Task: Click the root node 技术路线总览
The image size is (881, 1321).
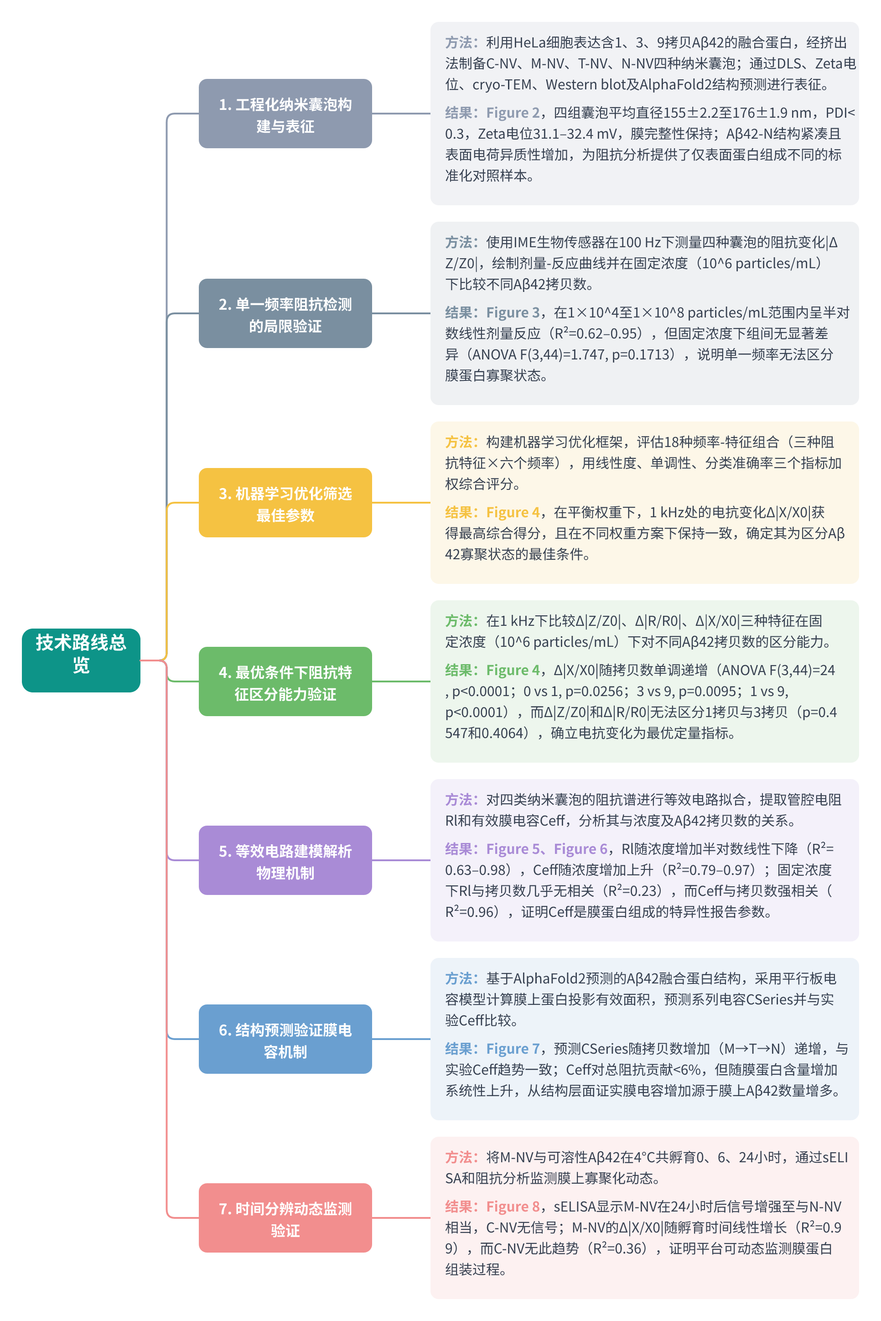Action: [81, 660]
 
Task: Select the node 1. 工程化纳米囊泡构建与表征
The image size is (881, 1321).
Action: [285, 114]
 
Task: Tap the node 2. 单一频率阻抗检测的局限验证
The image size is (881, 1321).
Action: [285, 313]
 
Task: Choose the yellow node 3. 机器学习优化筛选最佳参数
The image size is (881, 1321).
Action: [285, 502]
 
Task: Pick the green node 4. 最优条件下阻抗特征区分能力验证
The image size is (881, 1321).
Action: [285, 681]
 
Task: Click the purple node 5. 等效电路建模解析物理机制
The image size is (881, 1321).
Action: [285, 860]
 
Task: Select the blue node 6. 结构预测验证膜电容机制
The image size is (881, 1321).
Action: [285, 1039]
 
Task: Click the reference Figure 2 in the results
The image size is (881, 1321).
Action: [513, 113]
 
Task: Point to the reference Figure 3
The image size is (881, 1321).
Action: [513, 312]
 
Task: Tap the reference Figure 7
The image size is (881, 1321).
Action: [513, 1049]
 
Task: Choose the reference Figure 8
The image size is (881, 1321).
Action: [513, 1207]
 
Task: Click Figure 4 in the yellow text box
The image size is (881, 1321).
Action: [513, 512]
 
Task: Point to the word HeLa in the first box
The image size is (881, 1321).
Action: [529, 43]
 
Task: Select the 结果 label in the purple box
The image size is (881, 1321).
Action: [458, 848]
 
